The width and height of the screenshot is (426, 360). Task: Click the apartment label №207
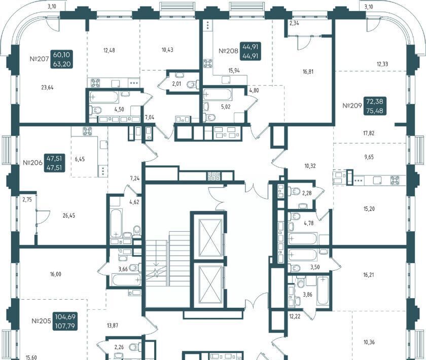click(x=39, y=59)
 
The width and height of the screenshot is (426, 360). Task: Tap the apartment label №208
click(x=229, y=51)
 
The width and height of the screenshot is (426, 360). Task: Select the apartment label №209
click(x=352, y=105)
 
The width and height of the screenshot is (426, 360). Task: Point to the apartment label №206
click(x=32, y=163)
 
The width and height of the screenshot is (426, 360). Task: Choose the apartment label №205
click(x=41, y=321)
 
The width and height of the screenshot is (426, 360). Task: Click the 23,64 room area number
click(x=47, y=88)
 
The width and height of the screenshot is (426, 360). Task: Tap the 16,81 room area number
click(x=308, y=71)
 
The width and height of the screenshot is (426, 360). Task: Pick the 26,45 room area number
click(x=69, y=215)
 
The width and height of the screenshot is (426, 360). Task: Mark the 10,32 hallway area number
click(x=310, y=166)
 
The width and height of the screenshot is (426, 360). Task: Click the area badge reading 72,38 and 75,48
click(x=375, y=106)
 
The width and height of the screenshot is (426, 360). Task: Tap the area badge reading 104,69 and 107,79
click(x=65, y=321)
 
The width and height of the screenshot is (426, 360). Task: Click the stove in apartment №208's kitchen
click(x=208, y=63)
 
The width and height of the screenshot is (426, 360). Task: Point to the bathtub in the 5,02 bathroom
click(x=218, y=95)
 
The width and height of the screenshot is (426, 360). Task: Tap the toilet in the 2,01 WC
click(x=192, y=84)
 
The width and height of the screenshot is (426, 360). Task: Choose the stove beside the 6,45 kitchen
click(x=87, y=131)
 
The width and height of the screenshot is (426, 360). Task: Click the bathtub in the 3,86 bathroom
click(x=323, y=291)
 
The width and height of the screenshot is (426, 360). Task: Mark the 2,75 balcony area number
click(x=27, y=200)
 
